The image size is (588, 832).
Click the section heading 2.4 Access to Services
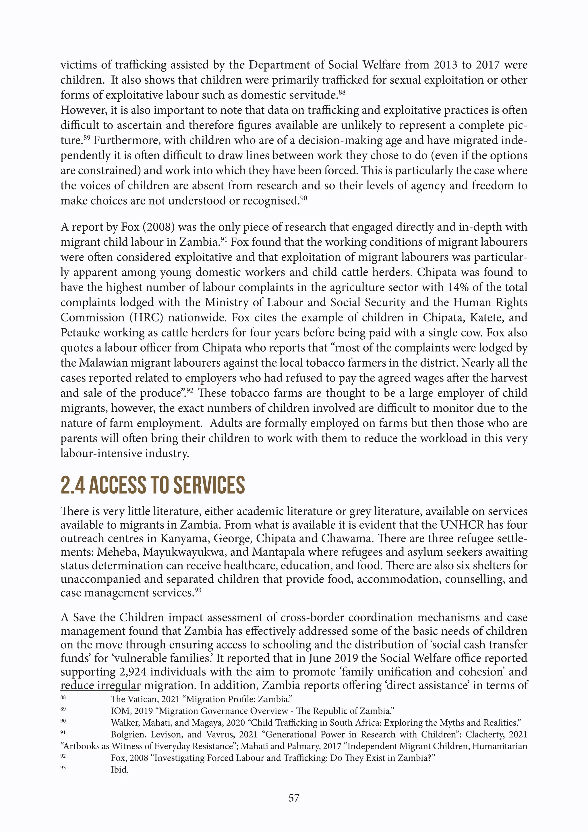pyautogui.click(x=152, y=485)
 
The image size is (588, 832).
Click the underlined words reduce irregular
pyautogui.click(x=100, y=685)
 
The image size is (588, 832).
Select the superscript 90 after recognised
pyautogui.click(x=303, y=198)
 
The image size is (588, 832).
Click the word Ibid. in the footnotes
pyautogui.click(x=119, y=769)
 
